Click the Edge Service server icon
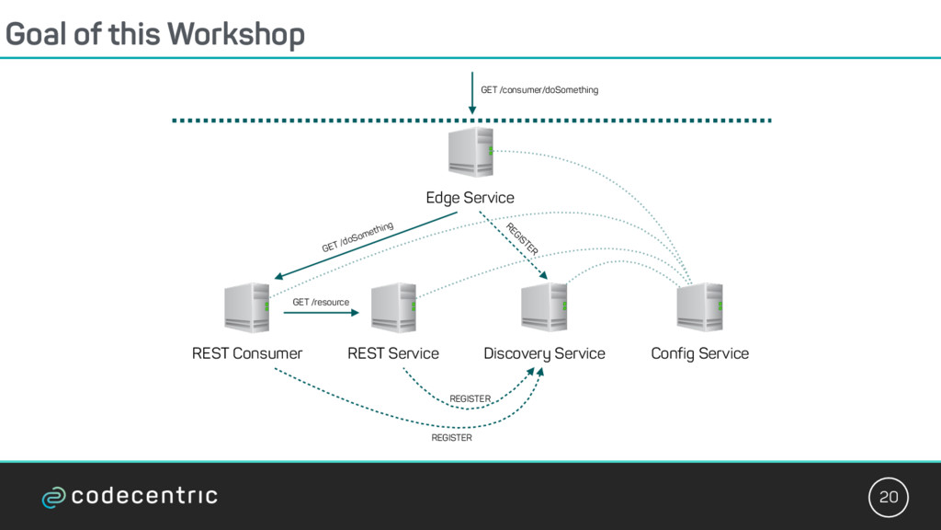471,152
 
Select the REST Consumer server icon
246,307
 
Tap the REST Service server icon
393,307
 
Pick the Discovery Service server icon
544,307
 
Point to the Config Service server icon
699,307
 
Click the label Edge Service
470,198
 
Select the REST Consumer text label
247,353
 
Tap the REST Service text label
393,353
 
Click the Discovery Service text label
544,354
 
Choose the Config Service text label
699,354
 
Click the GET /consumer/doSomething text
539,90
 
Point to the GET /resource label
321,302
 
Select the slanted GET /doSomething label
357,236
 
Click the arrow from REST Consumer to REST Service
321,313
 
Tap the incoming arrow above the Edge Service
472,93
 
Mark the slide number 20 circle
889,497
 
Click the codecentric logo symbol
53,498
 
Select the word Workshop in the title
236,34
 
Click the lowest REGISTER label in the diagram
451,438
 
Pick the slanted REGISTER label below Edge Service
522,239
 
